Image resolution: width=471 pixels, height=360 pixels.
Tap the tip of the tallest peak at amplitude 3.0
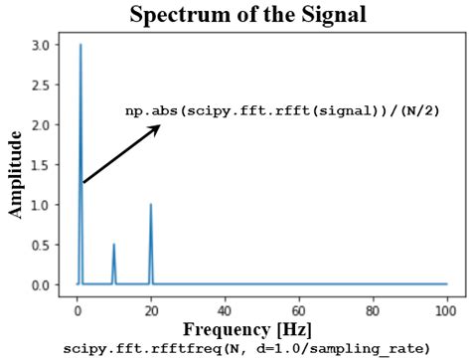click(80, 46)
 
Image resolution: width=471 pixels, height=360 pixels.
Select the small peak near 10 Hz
click(114, 245)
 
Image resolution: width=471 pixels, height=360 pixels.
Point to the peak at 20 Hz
click(151, 205)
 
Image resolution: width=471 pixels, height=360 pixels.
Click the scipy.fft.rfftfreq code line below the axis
click(246, 348)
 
